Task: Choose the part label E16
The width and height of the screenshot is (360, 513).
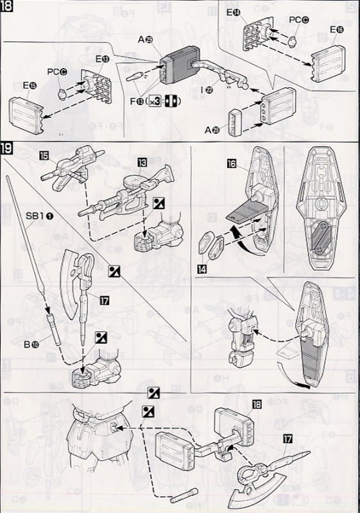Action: pyautogui.click(x=336, y=29)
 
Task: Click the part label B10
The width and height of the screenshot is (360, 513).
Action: pyautogui.click(x=32, y=345)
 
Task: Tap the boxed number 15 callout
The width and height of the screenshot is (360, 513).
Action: pyautogui.click(x=44, y=156)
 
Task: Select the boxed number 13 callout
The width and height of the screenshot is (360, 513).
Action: pyautogui.click(x=142, y=160)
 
